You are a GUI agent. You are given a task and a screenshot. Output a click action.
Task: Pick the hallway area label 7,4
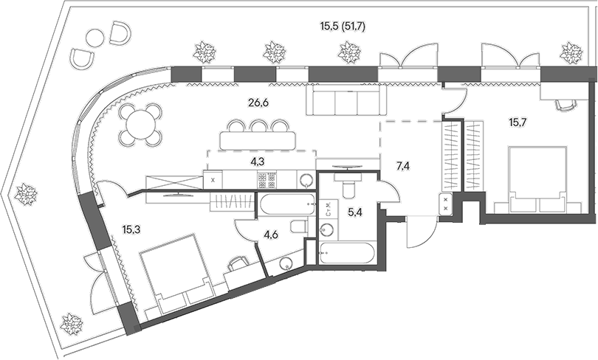point(403,167)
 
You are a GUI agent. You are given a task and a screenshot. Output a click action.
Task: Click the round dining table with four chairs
point(141,124)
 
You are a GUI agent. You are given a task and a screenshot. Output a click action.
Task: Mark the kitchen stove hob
point(266,179)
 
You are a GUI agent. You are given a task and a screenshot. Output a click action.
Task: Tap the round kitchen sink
point(306,179)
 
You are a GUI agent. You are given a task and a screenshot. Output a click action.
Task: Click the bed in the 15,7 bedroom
point(537,177)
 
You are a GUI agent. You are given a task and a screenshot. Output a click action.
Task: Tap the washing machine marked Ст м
point(326,206)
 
